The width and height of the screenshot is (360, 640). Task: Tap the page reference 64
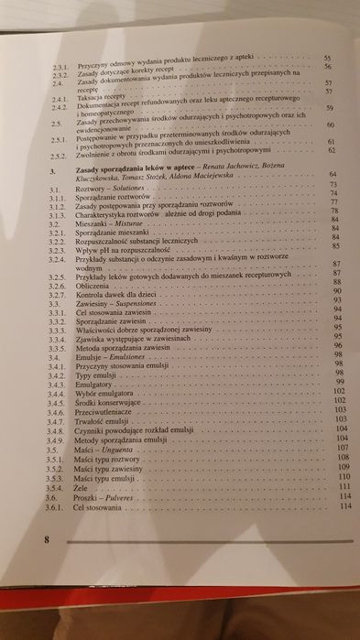tap(332, 173)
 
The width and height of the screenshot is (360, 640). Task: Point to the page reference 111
tap(333, 486)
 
